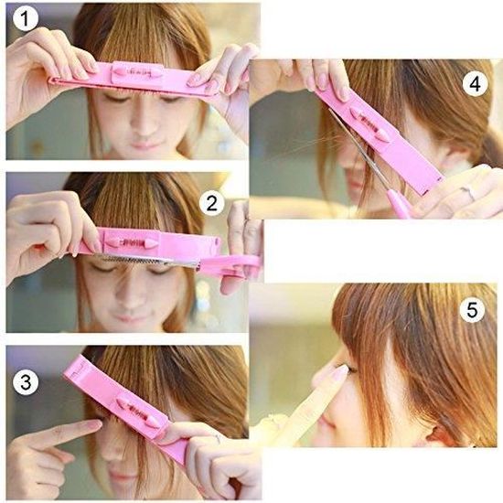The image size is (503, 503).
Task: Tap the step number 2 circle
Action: pyautogui.click(x=211, y=202)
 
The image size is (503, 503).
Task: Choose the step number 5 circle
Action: pyautogui.click(x=472, y=310)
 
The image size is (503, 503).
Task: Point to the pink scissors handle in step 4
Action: pyautogui.click(x=400, y=203)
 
